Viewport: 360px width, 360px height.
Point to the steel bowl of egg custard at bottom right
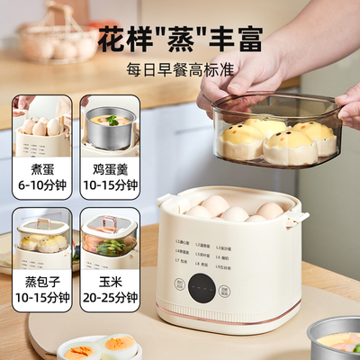(335, 337)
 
